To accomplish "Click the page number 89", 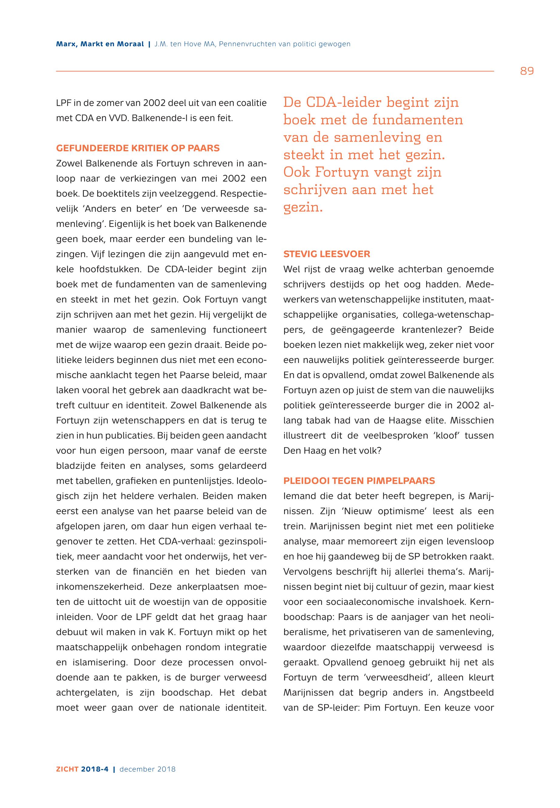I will (x=527, y=71).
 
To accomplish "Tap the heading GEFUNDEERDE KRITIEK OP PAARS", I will (x=137, y=148).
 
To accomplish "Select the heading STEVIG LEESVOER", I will (x=327, y=254).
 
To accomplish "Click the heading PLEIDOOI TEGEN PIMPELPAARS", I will (x=359, y=481).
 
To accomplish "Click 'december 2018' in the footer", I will (x=148, y=769).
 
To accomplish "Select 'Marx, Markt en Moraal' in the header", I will (x=100, y=44).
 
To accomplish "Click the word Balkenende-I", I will (x=160, y=118).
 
